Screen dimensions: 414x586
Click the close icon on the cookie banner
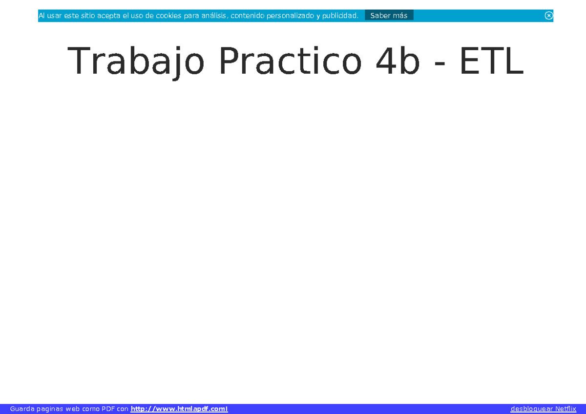[x=549, y=16]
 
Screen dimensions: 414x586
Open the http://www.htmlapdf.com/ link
[x=179, y=409]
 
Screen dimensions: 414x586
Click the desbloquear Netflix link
[x=543, y=409]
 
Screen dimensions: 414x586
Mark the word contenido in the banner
[x=247, y=16]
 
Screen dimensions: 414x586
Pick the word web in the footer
[x=73, y=409]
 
